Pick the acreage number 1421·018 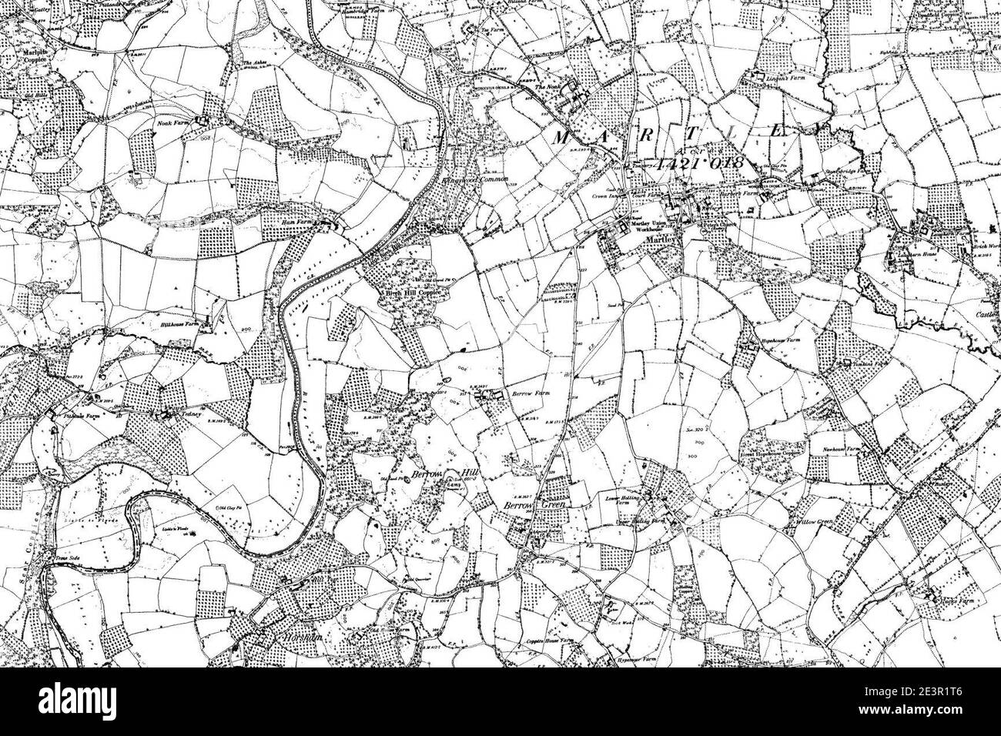tap(698, 164)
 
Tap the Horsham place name tap(296, 636)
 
